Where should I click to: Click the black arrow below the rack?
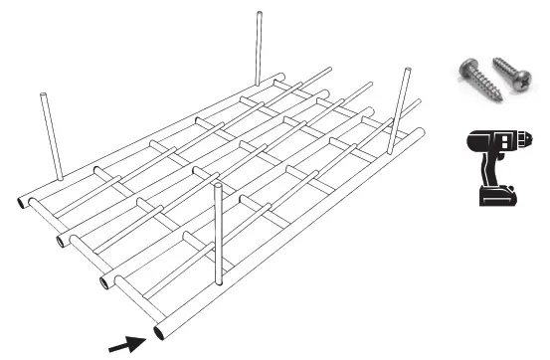coord(124,344)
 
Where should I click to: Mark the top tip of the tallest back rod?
coord(259,14)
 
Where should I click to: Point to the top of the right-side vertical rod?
coord(406,70)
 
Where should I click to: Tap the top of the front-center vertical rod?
coord(217,184)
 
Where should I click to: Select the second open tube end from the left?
coord(62,241)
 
